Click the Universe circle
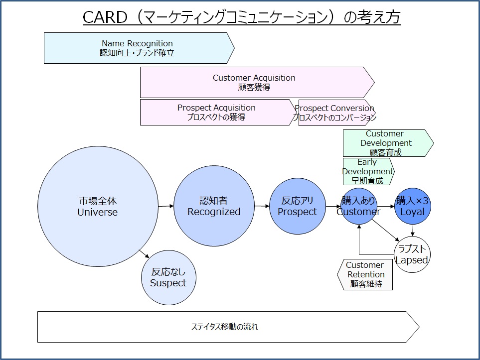click(x=98, y=206)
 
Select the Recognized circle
click(x=214, y=206)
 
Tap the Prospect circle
click(x=297, y=206)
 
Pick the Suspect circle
click(x=168, y=278)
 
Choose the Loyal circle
click(x=413, y=206)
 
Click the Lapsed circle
click(x=412, y=254)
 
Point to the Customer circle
click(x=359, y=206)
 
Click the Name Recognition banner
click(x=139, y=48)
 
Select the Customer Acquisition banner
click(x=257, y=82)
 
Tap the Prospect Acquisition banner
click(x=217, y=112)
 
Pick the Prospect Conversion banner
click(x=336, y=113)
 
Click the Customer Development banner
click(x=388, y=143)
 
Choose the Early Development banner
click(x=368, y=172)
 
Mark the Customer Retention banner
click(x=365, y=275)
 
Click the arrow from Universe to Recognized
click(x=166, y=206)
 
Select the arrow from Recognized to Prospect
click(x=262, y=206)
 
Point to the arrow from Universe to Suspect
click(x=144, y=254)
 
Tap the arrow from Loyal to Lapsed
click(x=413, y=231)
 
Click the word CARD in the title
click(x=105, y=17)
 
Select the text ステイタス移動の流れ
click(x=225, y=327)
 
